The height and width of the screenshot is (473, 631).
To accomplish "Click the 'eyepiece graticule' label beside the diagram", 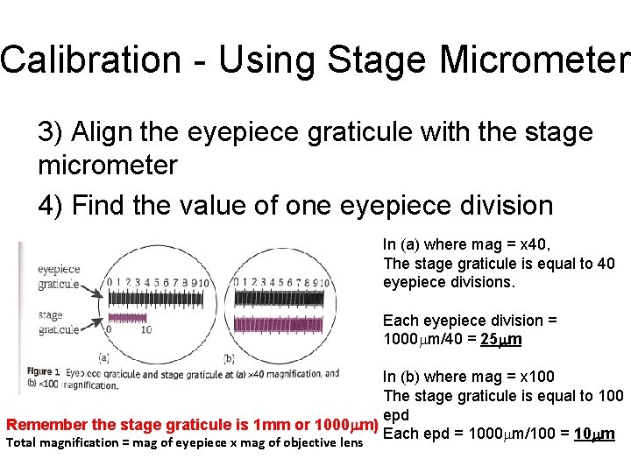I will [59, 278].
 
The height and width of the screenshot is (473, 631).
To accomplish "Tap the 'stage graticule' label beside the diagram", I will [59, 322].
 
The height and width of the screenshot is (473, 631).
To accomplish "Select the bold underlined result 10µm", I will [594, 434].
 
